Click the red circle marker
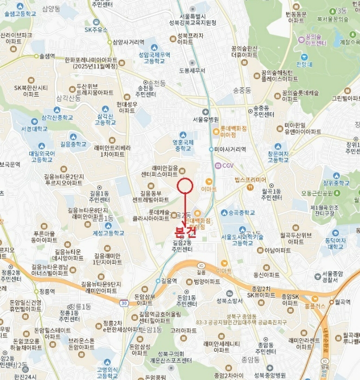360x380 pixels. [185, 186]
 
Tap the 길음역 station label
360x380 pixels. [169, 281]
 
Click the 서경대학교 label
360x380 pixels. [34, 129]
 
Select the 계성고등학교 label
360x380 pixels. [108, 233]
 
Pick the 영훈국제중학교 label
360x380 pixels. [183, 145]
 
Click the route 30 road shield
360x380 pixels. [125, 303]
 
